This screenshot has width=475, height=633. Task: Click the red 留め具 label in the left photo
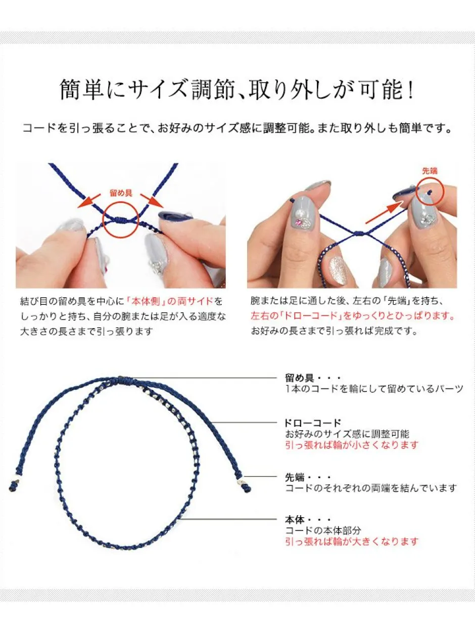pyautogui.click(x=121, y=193)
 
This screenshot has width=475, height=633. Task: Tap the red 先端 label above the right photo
pyautogui.click(x=430, y=171)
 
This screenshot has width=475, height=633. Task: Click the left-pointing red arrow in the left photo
pyautogui.click(x=89, y=201)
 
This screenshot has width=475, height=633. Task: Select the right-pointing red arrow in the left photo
pyautogui.click(x=152, y=201)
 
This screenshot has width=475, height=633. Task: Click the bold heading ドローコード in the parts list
pyautogui.click(x=312, y=423)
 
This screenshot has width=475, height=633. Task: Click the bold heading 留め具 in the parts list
pyautogui.click(x=300, y=378)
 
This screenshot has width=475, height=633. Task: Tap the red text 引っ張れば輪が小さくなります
pyautogui.click(x=352, y=445)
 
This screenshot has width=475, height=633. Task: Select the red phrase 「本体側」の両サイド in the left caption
pyautogui.click(x=170, y=302)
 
